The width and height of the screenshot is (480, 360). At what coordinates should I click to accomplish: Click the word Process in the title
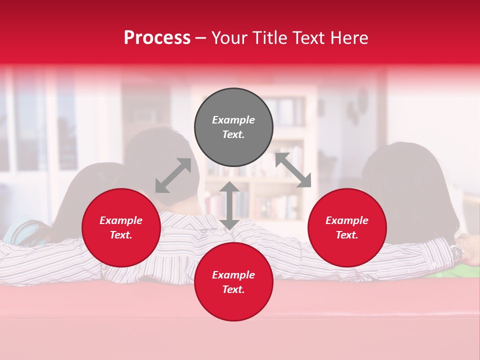[157, 38]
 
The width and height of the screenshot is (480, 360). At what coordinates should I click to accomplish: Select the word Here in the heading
[348, 38]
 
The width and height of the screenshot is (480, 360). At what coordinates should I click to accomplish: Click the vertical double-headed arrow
[229, 205]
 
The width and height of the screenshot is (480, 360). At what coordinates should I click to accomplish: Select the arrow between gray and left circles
[173, 175]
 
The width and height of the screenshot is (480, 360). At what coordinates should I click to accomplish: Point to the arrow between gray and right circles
[293, 170]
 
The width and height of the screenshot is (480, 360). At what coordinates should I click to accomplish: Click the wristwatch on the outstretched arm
[456, 252]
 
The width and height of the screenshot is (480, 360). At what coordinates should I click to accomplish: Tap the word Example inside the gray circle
[233, 120]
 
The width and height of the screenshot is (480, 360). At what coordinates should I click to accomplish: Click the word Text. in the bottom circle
[233, 289]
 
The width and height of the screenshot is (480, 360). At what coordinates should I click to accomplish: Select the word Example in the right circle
[347, 220]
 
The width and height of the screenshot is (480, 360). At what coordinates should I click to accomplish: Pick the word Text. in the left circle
[121, 235]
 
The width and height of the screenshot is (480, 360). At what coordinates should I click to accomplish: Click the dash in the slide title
[200, 38]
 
